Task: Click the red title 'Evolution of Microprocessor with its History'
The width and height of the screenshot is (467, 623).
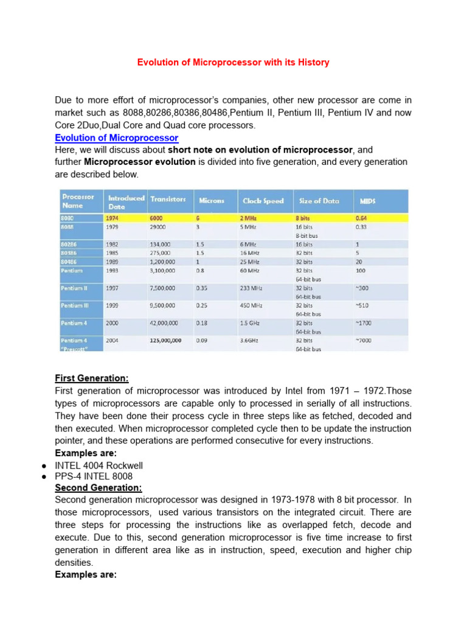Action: (233, 63)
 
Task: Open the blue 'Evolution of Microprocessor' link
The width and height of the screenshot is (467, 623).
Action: (116, 138)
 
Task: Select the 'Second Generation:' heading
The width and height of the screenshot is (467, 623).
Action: (98, 487)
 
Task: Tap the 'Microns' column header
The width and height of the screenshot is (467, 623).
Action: (210, 200)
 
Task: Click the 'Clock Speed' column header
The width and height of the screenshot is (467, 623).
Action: (263, 200)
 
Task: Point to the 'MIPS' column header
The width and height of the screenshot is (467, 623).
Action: (368, 200)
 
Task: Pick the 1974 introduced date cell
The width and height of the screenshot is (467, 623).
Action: (112, 218)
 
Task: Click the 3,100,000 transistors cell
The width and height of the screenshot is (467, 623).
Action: (164, 270)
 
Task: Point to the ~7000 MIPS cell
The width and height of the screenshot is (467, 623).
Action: (363, 341)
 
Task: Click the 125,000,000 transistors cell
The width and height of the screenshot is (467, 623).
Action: (165, 341)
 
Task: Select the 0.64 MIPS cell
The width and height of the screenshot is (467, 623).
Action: (361, 218)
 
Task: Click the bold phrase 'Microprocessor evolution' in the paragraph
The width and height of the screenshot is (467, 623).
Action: (139, 162)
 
